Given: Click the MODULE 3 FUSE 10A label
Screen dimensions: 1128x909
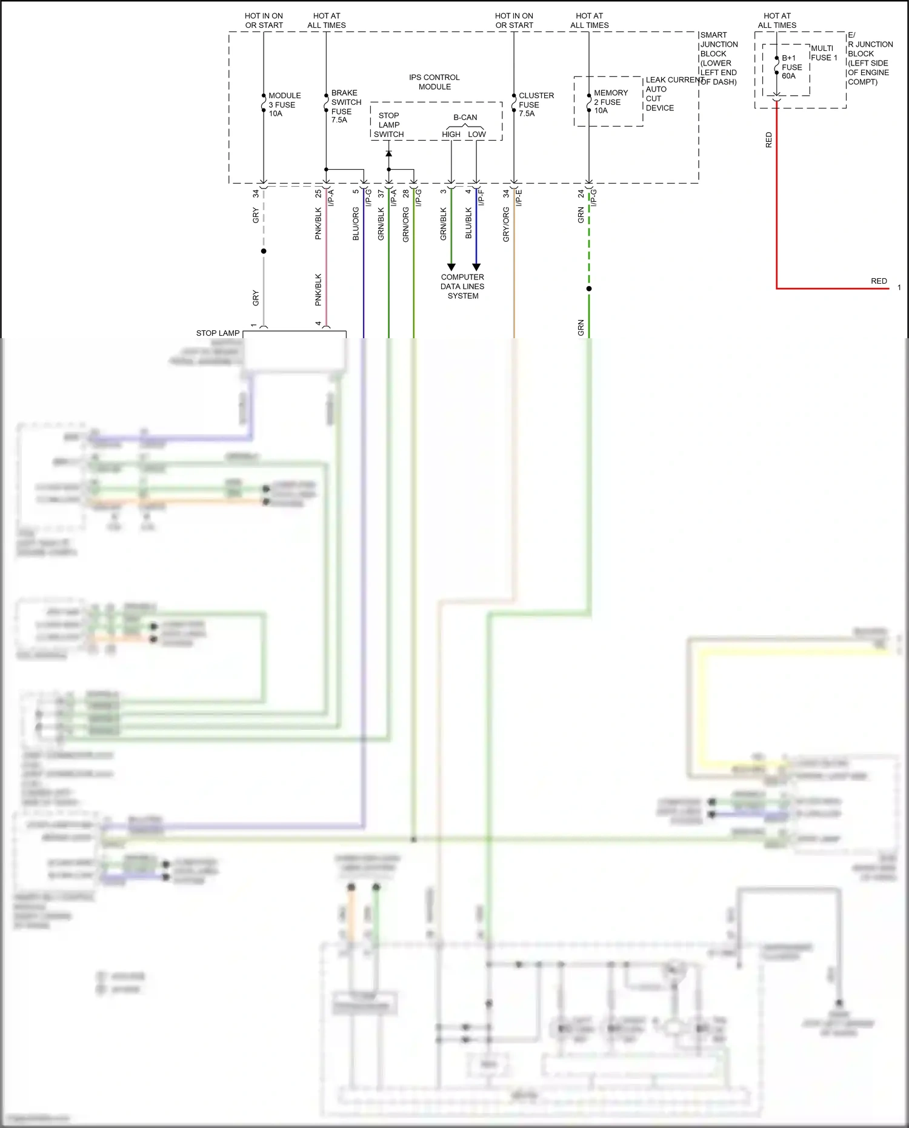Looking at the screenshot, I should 284,104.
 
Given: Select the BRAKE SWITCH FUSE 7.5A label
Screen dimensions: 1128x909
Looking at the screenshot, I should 345,107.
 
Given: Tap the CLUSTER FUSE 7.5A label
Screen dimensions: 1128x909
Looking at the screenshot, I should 536,104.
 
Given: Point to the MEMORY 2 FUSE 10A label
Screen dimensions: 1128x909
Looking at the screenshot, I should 610,101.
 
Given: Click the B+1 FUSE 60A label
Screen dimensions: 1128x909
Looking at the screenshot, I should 791,67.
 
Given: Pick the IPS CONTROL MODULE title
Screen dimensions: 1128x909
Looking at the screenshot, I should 434,82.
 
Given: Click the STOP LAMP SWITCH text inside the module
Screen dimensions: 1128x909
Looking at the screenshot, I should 388,125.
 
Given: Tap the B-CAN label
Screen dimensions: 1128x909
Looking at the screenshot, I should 465,117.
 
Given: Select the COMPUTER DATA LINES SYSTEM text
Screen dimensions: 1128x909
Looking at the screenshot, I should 462,286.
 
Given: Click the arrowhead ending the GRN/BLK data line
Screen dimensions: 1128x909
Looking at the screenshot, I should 451,267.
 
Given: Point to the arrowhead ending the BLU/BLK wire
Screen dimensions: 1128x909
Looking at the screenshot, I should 476,267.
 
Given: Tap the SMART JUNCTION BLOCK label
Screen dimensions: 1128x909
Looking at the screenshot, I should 718,58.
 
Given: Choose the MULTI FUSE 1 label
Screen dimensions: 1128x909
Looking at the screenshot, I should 824,53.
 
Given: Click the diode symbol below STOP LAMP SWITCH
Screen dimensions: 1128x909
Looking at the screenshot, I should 388,153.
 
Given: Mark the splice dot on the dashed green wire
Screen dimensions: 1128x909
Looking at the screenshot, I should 589,289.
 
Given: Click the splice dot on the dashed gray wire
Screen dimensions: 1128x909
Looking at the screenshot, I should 263,251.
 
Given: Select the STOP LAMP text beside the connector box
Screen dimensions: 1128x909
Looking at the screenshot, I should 218,333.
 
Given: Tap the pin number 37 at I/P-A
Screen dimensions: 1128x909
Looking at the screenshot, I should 381,193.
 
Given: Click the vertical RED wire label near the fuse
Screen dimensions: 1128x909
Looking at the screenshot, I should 768,140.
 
